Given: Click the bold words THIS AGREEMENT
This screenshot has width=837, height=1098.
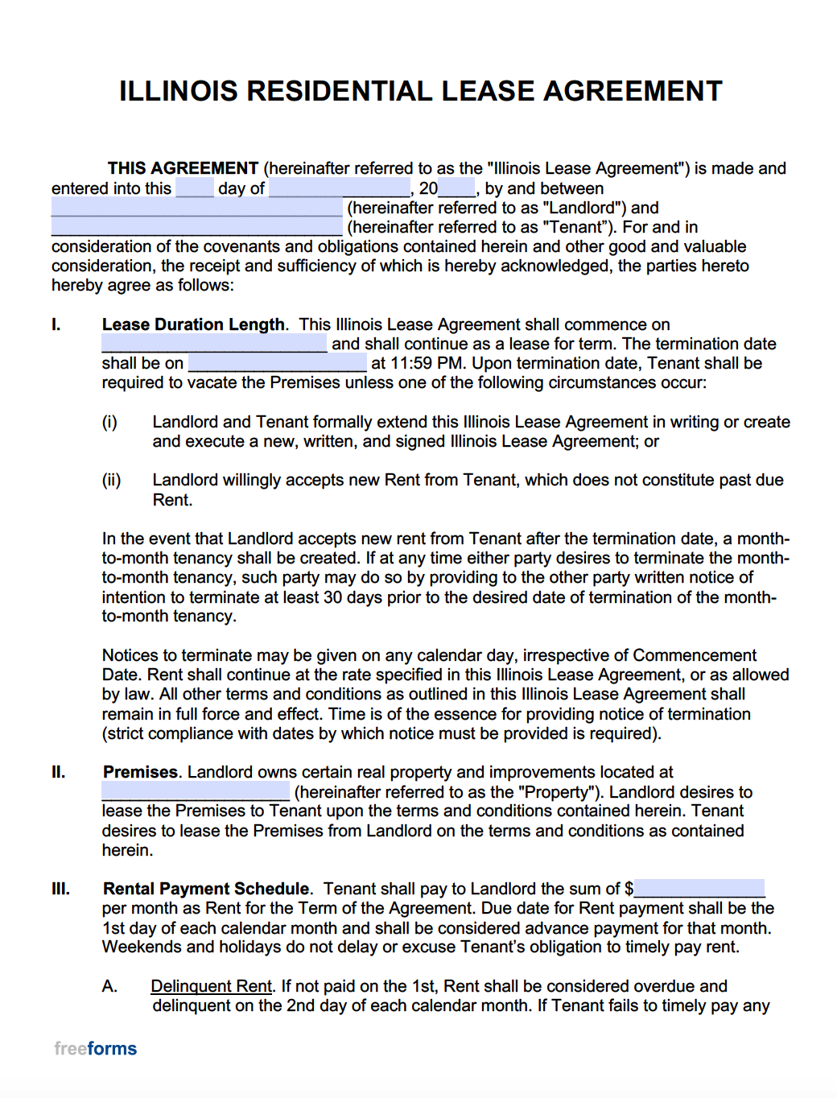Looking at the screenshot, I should (183, 168).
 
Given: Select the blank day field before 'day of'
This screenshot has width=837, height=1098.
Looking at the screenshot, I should (195, 188).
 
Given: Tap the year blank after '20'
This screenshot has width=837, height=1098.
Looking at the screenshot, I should (456, 188).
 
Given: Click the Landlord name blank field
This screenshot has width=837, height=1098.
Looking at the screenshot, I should (197, 208).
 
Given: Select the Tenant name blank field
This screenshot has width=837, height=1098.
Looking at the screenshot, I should (197, 227).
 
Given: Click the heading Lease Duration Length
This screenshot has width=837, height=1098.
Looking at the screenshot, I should (193, 324).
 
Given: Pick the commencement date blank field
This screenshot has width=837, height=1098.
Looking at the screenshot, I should (214, 344).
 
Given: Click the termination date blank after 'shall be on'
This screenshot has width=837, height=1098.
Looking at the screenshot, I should (277, 363).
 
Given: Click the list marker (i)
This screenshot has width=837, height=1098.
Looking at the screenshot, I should (109, 422).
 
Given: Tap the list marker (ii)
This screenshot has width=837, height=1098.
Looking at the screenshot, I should (111, 480).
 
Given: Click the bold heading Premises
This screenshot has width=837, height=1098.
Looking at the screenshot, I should (140, 772).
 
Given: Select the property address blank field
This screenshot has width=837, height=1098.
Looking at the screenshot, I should (196, 791).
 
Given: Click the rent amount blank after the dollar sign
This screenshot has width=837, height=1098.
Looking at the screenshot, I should (699, 889).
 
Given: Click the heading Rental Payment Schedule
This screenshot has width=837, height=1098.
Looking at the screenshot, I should (206, 889).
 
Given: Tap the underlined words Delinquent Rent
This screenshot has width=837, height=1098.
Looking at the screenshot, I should (211, 986).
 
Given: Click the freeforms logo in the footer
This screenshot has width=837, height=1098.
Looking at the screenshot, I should (95, 1048).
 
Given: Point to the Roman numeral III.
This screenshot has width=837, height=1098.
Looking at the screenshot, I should (60, 889).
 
